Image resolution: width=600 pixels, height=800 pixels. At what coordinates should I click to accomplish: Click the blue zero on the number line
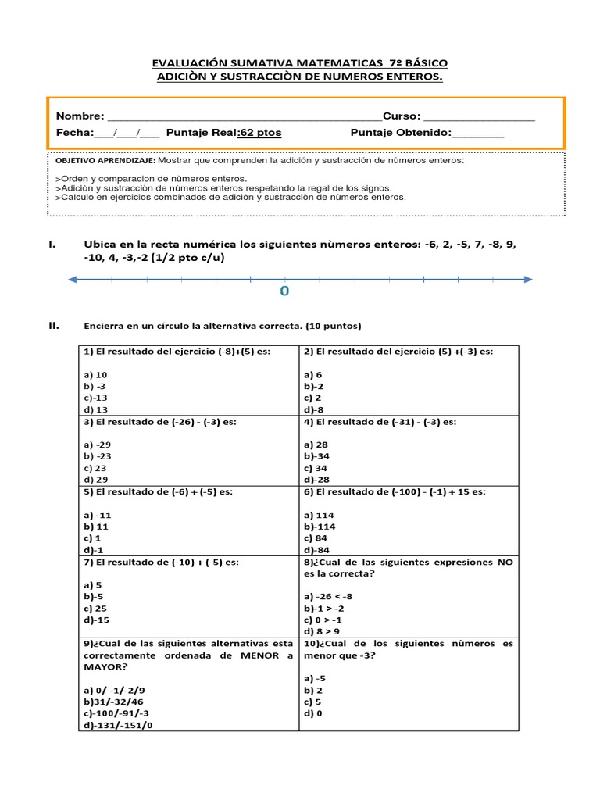click(284, 291)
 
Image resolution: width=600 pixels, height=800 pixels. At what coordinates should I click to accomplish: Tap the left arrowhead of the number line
click(72, 279)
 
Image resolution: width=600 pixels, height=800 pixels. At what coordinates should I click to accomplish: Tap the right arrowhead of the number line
click(528, 279)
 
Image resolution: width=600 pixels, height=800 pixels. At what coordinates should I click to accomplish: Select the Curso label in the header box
click(401, 116)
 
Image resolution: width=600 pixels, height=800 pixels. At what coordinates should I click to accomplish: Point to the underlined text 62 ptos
click(260, 133)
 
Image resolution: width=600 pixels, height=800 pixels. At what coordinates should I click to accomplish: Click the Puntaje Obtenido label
click(401, 133)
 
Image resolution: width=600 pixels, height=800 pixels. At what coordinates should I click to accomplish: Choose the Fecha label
click(73, 133)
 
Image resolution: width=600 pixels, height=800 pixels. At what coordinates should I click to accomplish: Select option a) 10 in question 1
click(96, 375)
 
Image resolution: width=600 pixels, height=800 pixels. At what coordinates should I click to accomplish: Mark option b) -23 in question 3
click(98, 456)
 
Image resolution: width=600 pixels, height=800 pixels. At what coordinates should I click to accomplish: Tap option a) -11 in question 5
click(98, 516)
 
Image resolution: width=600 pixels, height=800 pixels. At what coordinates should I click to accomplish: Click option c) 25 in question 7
click(96, 608)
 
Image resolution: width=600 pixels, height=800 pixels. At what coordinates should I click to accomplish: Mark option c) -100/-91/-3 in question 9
click(116, 713)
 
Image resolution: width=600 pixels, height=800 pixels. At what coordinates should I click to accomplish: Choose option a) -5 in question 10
click(315, 678)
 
